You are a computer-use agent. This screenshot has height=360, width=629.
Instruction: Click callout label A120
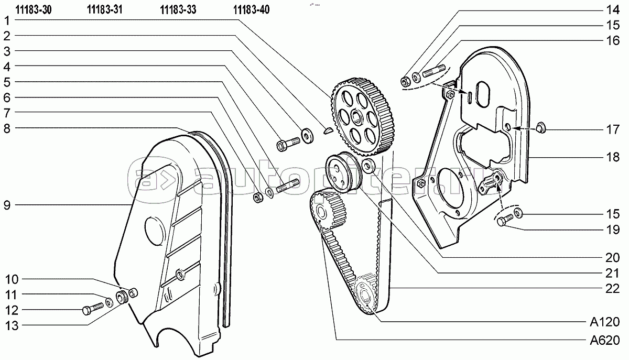pyautogui.click(x=604, y=322)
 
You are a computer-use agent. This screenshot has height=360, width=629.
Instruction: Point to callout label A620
pyautogui.click(x=604, y=341)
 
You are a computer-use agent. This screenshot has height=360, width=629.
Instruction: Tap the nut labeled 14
pyautogui.click(x=405, y=81)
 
